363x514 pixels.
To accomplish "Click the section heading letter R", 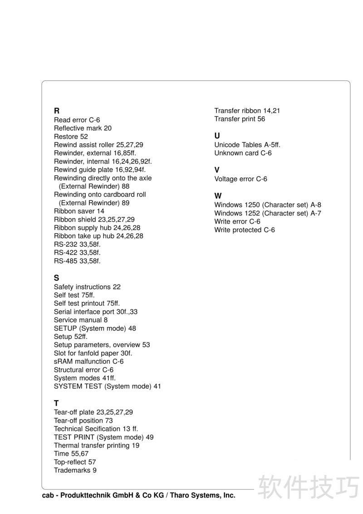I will click(57, 111).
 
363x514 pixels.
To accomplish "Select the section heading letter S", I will click(56, 278).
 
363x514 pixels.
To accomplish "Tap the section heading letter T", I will click(56, 403).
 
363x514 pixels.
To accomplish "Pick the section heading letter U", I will click(217, 136).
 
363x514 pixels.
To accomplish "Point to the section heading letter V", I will click(217, 170).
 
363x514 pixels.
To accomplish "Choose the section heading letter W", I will click(218, 196).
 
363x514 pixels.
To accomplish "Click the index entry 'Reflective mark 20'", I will click(83, 128).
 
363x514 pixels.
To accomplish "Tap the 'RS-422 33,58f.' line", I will click(77, 252).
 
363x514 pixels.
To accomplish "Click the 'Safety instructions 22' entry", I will click(87, 287).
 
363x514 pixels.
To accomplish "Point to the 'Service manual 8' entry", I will click(81, 320).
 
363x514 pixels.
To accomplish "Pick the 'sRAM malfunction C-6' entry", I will click(88, 362).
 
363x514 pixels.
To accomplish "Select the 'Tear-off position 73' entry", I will click(83, 421).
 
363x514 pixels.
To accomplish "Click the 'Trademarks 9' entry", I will click(75, 470).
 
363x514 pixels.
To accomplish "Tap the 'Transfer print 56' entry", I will click(240, 119).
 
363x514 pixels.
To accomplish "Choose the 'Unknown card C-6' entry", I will click(243, 153).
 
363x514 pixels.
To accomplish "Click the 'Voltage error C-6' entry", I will click(240, 179).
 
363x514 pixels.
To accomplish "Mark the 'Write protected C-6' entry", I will click(245, 230).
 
